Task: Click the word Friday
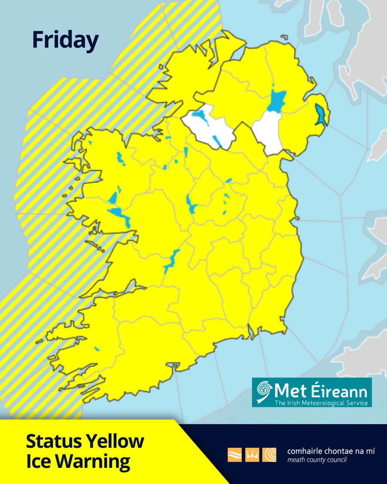coord(65,41)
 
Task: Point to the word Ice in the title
coord(39,461)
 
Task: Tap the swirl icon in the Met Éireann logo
coord(265,392)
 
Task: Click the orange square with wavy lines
coord(235,455)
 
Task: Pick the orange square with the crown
coord(252,455)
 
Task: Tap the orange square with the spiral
coord(269,455)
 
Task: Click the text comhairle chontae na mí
coord(331,451)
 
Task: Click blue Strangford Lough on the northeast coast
coord(321,115)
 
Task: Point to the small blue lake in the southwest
coord(97,349)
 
